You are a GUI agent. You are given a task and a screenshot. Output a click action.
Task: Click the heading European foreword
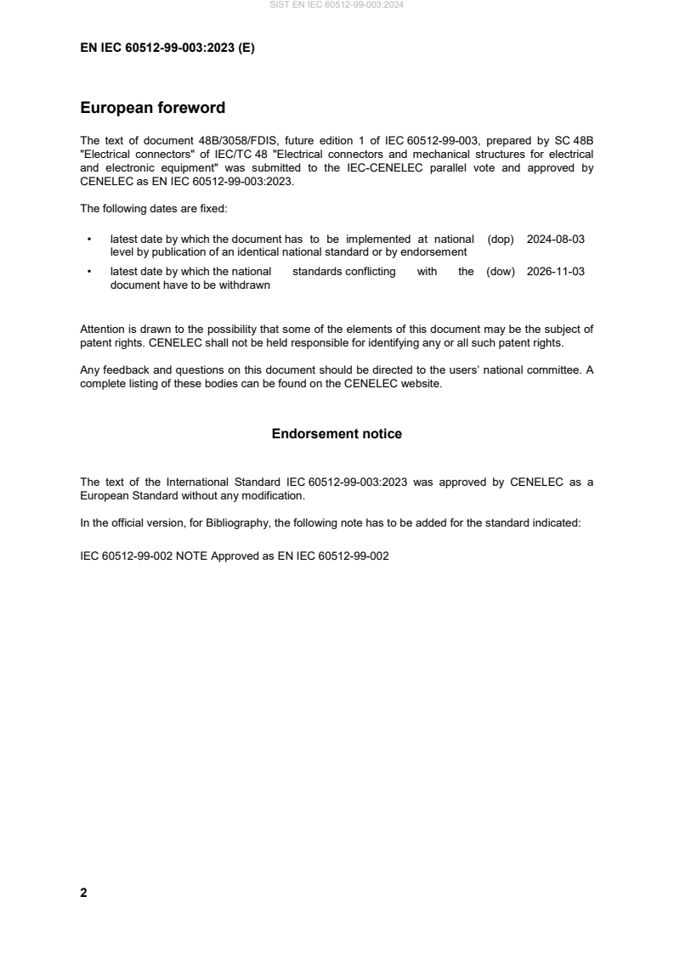tap(152, 108)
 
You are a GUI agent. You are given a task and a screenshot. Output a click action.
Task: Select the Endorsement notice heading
tap(337, 433)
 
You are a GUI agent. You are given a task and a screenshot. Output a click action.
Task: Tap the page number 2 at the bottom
tap(83, 893)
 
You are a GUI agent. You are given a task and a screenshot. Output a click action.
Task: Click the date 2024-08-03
tap(556, 240)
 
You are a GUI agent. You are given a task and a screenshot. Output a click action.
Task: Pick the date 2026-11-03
tap(556, 272)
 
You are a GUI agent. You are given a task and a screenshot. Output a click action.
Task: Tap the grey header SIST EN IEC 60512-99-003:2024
tap(337, 5)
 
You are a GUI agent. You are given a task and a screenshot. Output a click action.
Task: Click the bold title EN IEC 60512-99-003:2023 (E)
tap(167, 48)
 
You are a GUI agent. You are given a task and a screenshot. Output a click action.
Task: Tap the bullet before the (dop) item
tap(89, 240)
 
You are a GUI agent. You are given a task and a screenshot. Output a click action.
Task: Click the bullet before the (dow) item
tap(89, 273)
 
